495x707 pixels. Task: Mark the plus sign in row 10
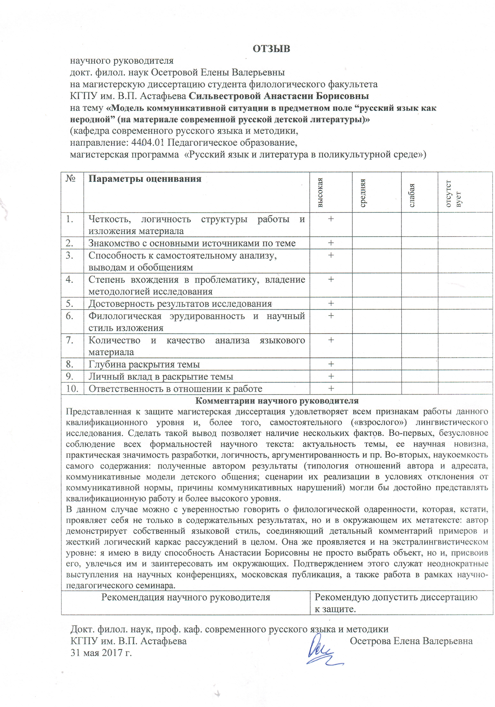[x=331, y=388]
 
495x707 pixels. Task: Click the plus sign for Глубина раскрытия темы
[x=331, y=364]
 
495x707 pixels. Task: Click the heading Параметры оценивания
[x=145, y=179]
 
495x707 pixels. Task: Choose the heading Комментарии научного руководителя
[x=277, y=401]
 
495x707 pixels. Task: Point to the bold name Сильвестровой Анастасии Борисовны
[x=278, y=96]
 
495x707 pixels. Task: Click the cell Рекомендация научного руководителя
[x=186, y=597]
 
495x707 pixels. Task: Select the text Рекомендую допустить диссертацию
[x=396, y=597]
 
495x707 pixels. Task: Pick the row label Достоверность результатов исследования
[x=180, y=304]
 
